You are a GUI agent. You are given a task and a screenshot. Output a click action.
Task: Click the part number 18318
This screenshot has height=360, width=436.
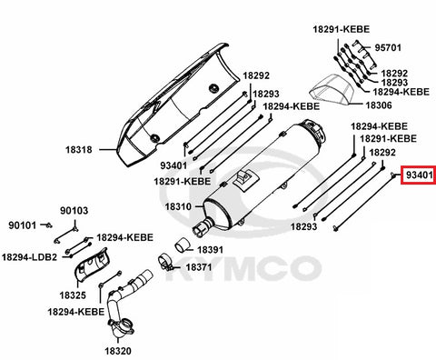coord(79,150)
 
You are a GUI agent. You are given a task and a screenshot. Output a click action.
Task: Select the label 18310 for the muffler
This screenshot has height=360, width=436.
coord(178,207)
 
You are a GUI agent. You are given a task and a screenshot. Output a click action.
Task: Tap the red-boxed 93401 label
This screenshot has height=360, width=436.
coord(420,175)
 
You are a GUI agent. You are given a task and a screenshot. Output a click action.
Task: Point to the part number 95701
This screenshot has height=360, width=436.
coord(388,48)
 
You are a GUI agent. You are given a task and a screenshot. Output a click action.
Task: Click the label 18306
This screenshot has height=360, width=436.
coord(379,105)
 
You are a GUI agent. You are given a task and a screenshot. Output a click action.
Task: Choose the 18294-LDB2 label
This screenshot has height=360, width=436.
coord(29,257)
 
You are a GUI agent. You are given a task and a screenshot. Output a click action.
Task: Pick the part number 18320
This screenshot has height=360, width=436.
coord(118,351)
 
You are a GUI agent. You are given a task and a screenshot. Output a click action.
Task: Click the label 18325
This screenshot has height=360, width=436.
coord(73,295)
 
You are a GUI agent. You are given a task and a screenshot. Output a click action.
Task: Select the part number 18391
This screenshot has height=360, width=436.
coord(210,250)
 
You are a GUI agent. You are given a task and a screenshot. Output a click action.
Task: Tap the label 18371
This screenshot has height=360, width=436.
coord(199,267)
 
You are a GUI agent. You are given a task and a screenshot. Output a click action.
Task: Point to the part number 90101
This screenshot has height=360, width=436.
coord(22,225)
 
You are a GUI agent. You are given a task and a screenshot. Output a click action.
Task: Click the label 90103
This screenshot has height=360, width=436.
coord(74,211)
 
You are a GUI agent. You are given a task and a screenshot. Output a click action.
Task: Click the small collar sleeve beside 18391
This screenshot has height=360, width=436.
coord(182,245)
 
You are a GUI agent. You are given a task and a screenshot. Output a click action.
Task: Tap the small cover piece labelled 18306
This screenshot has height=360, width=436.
coord(332,90)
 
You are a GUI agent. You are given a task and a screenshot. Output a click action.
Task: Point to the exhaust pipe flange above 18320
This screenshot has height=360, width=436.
coord(121,326)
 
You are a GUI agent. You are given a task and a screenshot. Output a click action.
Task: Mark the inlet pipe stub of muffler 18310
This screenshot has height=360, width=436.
coord(203,227)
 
